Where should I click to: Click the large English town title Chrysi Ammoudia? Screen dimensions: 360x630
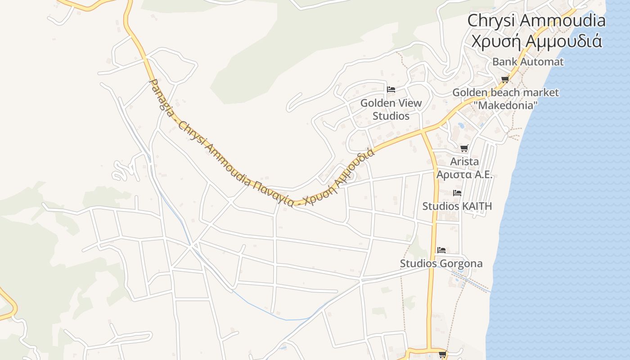tap(536, 21)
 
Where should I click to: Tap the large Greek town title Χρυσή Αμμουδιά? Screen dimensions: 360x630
tap(536, 41)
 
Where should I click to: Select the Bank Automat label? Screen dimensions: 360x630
tap(528, 62)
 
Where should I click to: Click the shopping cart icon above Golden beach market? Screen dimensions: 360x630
tap(505, 80)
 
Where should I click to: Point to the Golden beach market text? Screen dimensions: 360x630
tap(505, 92)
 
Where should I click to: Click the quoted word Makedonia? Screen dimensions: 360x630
tap(505, 105)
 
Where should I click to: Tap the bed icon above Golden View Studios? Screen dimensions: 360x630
tap(391, 90)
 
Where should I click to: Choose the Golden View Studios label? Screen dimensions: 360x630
tap(391, 109)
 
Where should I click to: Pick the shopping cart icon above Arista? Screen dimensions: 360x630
tap(464, 148)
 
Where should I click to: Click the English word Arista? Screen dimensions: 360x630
tap(464, 161)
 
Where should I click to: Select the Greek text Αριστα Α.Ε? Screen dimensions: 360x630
tap(464, 175)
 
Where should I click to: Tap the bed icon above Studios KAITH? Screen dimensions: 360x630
tap(457, 193)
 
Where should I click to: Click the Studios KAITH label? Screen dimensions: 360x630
tap(457, 206)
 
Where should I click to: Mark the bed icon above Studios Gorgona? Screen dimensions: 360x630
tap(441, 250)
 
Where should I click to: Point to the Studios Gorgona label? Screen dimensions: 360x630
tap(441, 263)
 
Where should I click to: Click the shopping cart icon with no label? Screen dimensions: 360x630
tap(442, 354)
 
